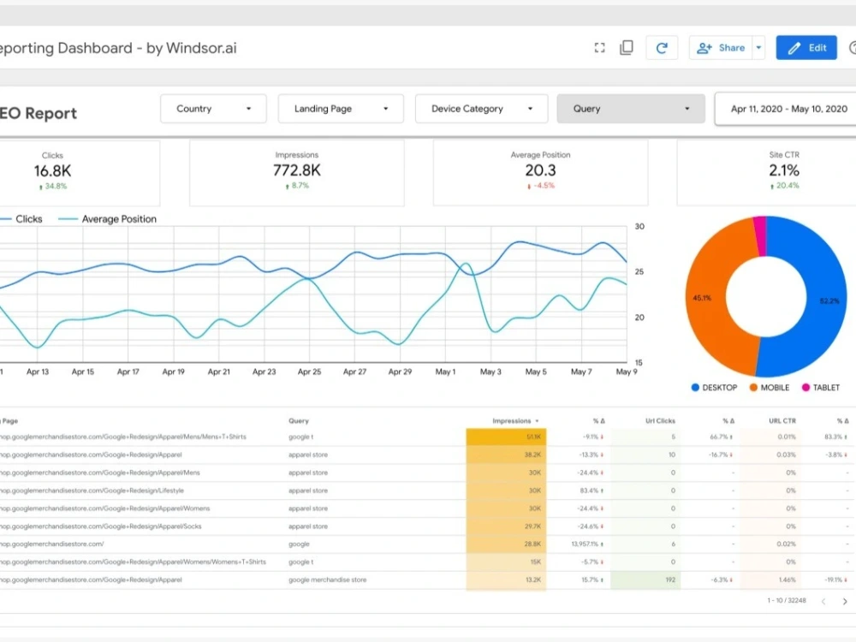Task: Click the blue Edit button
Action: (x=806, y=48)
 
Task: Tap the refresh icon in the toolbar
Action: (x=662, y=48)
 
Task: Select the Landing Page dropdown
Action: (x=340, y=109)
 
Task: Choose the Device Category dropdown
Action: (x=480, y=109)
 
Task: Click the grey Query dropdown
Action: (x=631, y=109)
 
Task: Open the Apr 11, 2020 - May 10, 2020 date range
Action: (x=788, y=109)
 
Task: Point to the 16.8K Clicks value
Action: (x=52, y=170)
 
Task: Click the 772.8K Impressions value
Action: (x=297, y=170)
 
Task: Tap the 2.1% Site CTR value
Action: (x=783, y=170)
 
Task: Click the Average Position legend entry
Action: (x=118, y=219)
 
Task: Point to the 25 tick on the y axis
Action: (x=639, y=272)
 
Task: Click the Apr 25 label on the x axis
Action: (x=309, y=372)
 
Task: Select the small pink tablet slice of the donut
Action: (x=758, y=235)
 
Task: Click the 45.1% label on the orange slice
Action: (x=702, y=299)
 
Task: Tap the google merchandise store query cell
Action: (x=327, y=580)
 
